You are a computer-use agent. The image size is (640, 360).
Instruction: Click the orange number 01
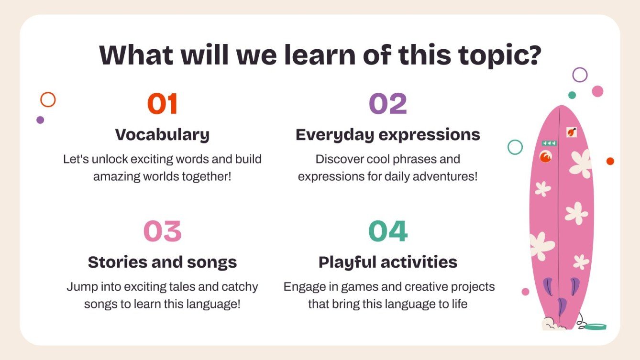[x=162, y=104]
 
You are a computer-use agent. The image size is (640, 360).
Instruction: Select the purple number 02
[x=388, y=104]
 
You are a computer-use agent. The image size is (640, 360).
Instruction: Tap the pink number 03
[x=162, y=231]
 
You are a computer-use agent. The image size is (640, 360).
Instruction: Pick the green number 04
[x=388, y=231]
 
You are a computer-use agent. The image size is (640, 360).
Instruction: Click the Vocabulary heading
[x=162, y=135]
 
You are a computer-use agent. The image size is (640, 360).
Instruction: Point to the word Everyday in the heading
[x=334, y=135]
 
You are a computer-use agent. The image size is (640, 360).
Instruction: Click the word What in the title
[x=136, y=55]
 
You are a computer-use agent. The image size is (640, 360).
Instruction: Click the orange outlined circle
[x=48, y=92]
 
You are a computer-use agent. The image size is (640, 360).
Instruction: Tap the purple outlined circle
[x=580, y=68]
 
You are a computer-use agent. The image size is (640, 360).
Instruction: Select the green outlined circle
[x=515, y=141]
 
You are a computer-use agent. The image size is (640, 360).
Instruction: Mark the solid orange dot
[x=610, y=161]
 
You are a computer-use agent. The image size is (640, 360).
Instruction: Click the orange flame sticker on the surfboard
[x=545, y=157]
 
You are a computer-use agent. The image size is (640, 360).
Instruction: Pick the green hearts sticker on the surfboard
[x=549, y=143]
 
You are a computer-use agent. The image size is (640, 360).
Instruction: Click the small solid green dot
[x=572, y=95]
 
